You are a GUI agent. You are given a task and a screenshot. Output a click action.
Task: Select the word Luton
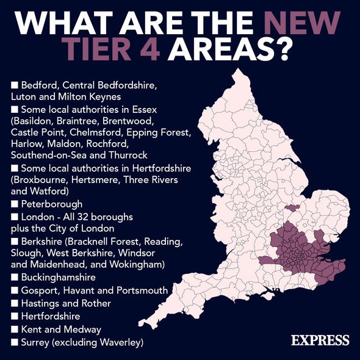(x=23, y=96)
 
